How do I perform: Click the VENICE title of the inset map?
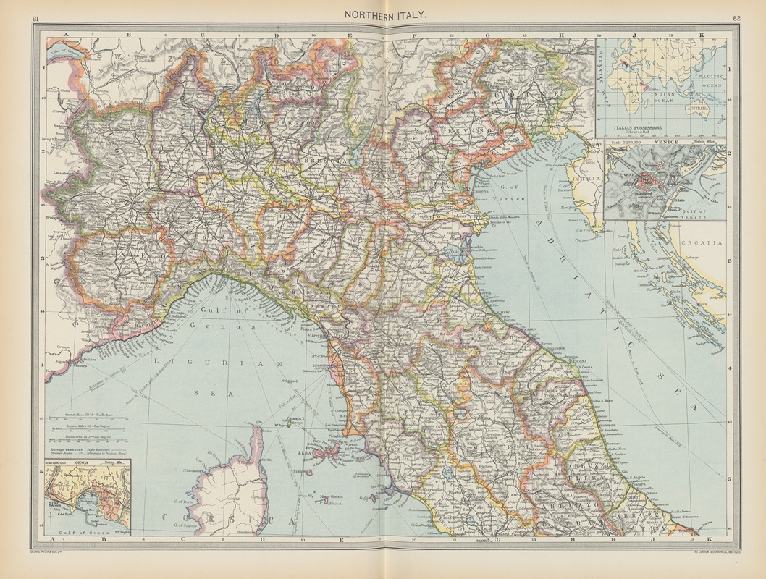pos(664,143)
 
